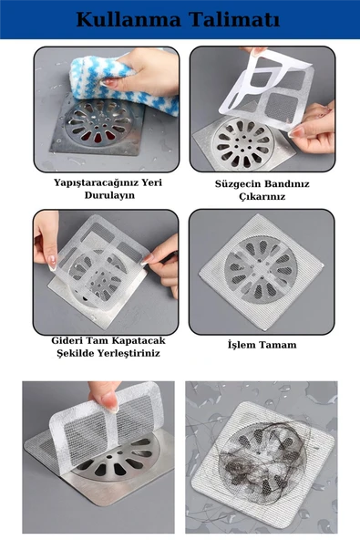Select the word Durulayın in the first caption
pyautogui.click(x=106, y=195)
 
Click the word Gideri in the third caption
pyautogui.click(x=71, y=340)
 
